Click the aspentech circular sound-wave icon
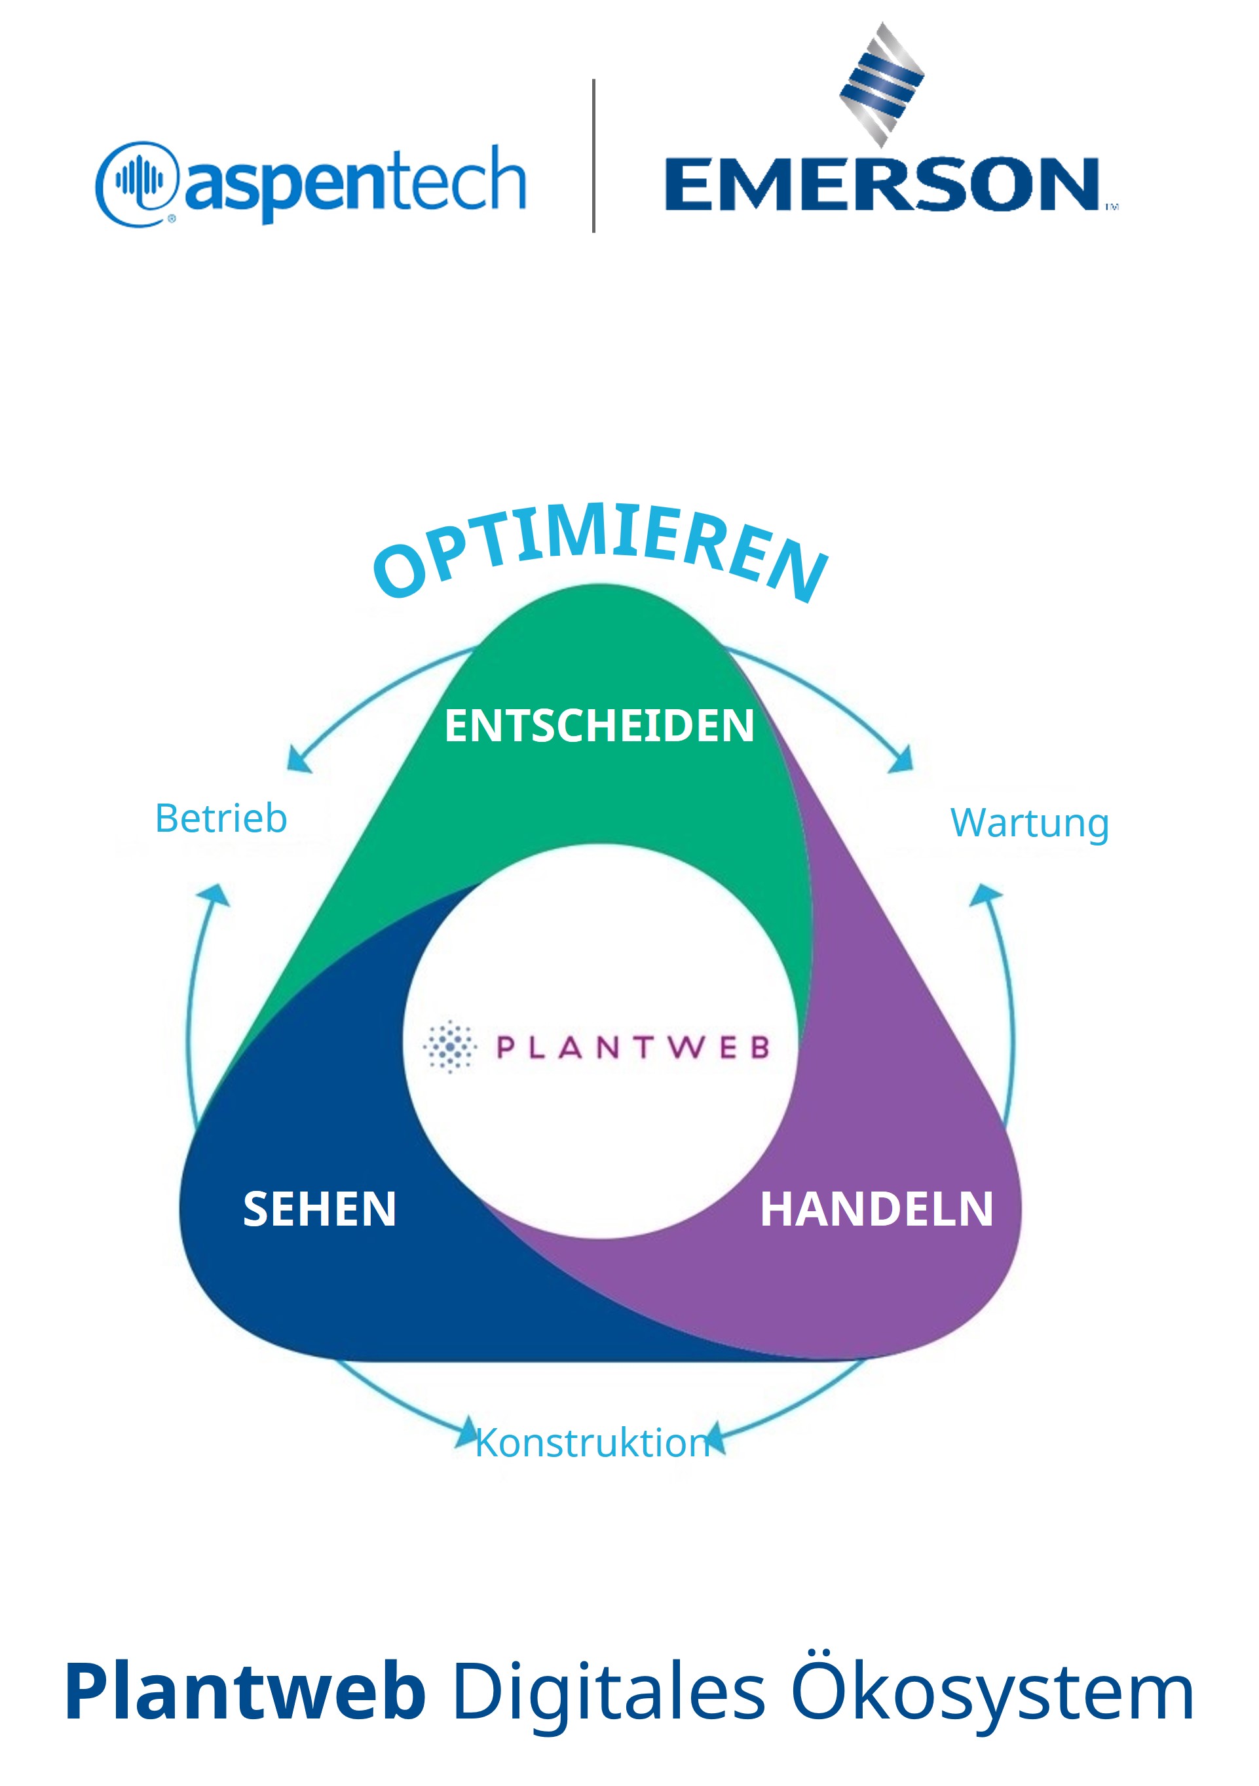(138, 184)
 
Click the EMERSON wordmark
(882, 184)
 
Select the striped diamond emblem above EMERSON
(882, 85)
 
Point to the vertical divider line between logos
(593, 155)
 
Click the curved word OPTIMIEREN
(599, 551)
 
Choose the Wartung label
(1030, 823)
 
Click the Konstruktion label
(593, 1443)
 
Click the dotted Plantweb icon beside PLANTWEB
(449, 1046)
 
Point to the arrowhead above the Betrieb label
(299, 759)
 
